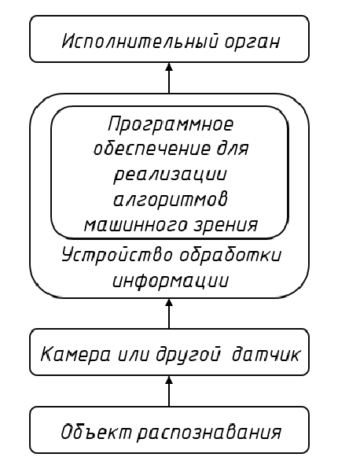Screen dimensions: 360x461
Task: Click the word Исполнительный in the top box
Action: point(141,41)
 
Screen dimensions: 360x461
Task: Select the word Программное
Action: point(171,124)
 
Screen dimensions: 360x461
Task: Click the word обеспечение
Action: point(152,148)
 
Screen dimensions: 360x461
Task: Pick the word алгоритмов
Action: point(171,199)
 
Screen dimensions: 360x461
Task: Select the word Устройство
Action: point(117,255)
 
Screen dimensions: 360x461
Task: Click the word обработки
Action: point(230,255)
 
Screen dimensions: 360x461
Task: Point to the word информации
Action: point(171,281)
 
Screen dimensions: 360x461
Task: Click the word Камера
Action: point(75,354)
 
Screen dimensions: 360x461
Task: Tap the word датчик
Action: point(266,354)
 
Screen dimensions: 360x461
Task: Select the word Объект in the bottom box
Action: point(96,432)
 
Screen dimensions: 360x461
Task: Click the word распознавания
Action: point(209,433)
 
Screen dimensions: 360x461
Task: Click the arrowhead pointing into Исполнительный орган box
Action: point(169,66)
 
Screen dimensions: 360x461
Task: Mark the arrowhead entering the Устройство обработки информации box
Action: point(169,302)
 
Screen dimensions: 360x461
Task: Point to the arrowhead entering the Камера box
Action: point(169,380)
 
